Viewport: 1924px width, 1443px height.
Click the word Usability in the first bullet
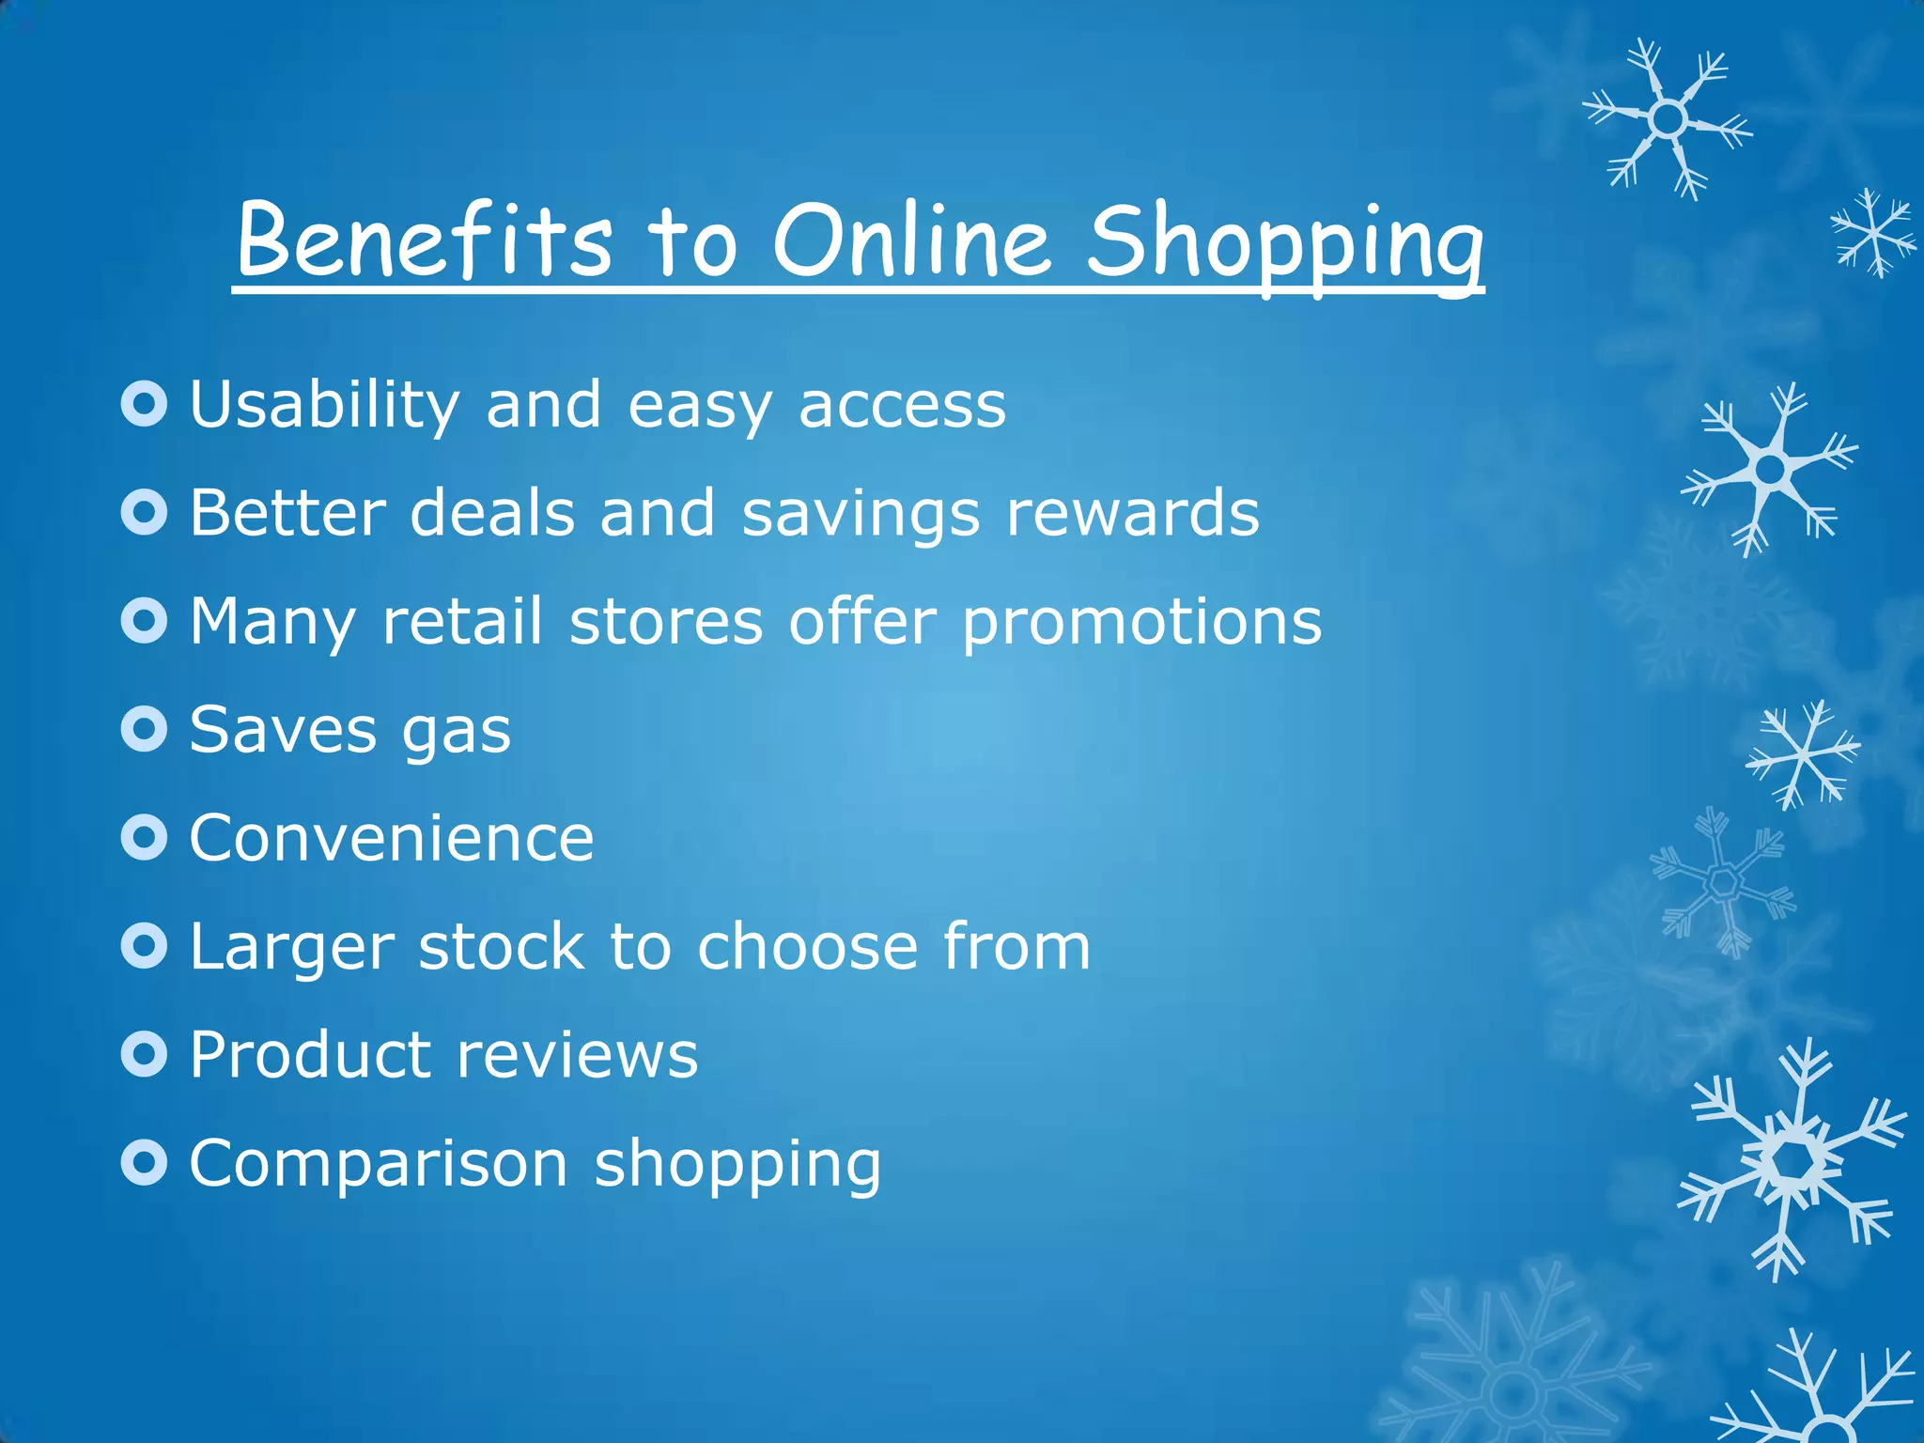coord(324,406)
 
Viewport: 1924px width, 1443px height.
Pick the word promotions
coord(1141,622)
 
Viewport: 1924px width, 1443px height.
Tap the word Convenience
coord(392,838)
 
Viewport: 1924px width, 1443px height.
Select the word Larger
coord(292,947)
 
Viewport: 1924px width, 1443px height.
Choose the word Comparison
coord(379,1164)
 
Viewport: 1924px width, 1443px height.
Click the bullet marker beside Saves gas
coord(145,729)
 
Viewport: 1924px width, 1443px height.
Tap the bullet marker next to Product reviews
coord(145,1055)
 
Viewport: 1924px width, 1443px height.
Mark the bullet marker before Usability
coord(145,404)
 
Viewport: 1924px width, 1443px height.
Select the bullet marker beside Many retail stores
coord(145,621)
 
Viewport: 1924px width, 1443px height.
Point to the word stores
coord(666,622)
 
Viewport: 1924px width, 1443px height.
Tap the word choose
coord(807,946)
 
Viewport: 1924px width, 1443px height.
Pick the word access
coord(902,406)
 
